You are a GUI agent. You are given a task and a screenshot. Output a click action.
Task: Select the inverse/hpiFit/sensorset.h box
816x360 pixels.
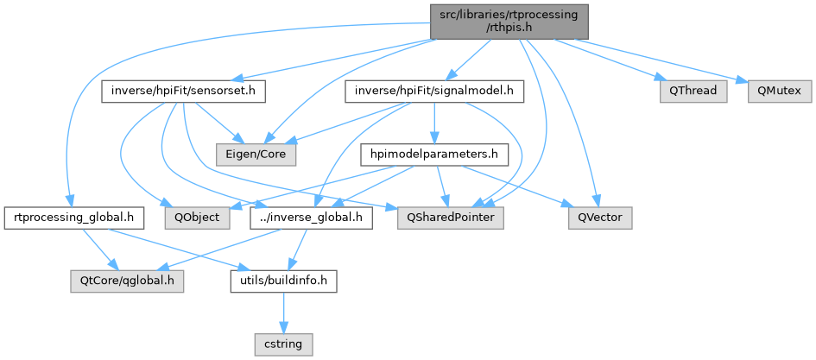[183, 90]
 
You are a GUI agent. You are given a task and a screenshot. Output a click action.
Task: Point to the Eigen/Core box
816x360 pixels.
[261, 154]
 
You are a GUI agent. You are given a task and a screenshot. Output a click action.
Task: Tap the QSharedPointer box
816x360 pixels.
[450, 218]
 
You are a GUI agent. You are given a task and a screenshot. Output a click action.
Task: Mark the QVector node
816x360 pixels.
[600, 218]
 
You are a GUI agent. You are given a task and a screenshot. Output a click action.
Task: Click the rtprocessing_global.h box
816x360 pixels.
[73, 218]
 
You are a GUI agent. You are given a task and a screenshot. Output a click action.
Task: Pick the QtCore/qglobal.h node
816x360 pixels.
[127, 281]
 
